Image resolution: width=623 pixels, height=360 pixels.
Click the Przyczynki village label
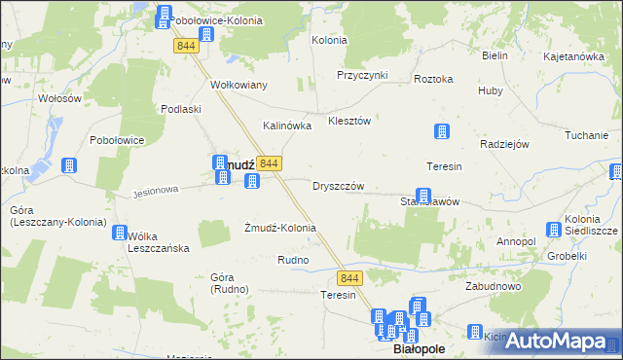[362, 75]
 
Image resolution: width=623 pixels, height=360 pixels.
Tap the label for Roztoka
[433, 79]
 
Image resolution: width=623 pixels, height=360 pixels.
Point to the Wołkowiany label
[238, 85]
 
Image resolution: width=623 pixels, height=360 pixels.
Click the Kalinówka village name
[287, 126]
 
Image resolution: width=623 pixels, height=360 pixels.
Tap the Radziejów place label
[504, 144]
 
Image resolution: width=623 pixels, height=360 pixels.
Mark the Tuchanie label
[585, 135]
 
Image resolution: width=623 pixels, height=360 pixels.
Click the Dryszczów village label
[338, 186]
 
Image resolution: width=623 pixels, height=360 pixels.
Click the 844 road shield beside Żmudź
[271, 163]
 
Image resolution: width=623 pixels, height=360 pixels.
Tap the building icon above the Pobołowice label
[69, 166]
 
